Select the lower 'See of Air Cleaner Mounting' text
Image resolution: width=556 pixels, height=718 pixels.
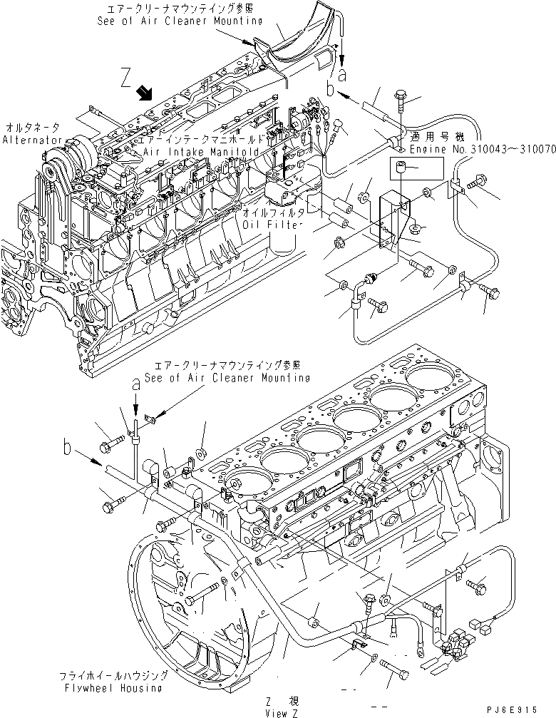pos(227,377)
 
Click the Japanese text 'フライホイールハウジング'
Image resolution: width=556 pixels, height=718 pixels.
pos(112,675)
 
